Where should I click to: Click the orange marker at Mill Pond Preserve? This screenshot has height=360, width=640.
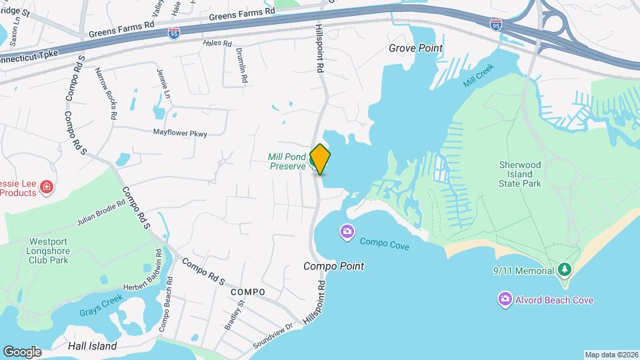[x=320, y=159]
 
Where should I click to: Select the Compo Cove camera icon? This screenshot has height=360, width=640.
[x=347, y=232]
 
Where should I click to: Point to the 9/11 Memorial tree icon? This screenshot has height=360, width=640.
[x=565, y=270]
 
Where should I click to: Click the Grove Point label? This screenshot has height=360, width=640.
[x=416, y=48]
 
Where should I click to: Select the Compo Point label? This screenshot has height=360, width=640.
[x=334, y=266]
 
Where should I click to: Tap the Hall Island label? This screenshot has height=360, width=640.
[x=93, y=346]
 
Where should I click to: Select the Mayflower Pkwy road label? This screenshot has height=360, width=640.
[x=180, y=133]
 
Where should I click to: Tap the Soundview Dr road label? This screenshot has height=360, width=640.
[x=273, y=337]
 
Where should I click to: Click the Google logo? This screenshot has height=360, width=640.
[x=23, y=351]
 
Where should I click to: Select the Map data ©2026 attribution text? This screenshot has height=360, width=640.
[x=611, y=355]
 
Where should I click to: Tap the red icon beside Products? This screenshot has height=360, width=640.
[x=46, y=187]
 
